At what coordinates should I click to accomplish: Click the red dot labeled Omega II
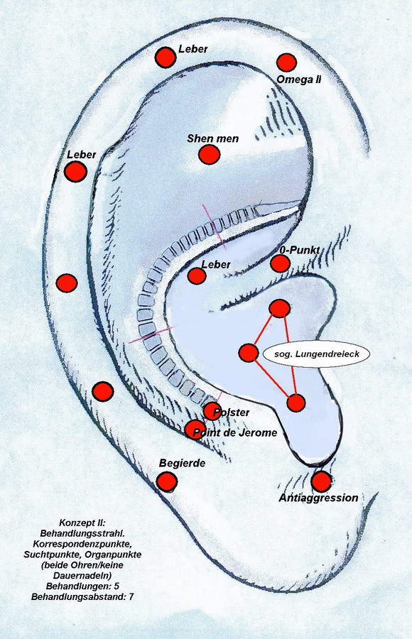pyautogui.click(x=286, y=62)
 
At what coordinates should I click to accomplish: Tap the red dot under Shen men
pyautogui.click(x=210, y=155)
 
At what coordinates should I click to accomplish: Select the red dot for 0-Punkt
pyautogui.click(x=281, y=263)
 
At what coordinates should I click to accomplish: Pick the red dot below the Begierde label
pyautogui.click(x=167, y=481)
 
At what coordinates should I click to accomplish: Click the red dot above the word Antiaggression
pyautogui.click(x=321, y=481)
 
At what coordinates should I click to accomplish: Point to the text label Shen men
pyautogui.click(x=212, y=138)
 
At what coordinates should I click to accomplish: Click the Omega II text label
pyautogui.click(x=298, y=79)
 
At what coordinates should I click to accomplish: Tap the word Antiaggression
pyautogui.click(x=318, y=498)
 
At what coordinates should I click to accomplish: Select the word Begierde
pyautogui.click(x=182, y=464)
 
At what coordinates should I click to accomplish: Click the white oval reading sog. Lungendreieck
pyautogui.click(x=317, y=354)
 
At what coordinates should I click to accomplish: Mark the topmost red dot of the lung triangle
pyautogui.click(x=281, y=308)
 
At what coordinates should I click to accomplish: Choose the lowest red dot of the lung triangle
pyautogui.click(x=296, y=403)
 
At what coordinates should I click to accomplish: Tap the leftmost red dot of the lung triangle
pyautogui.click(x=249, y=353)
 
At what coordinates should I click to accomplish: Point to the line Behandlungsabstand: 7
pyautogui.click(x=82, y=597)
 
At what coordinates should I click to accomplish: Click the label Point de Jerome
pyautogui.click(x=234, y=432)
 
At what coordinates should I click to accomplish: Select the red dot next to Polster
pyautogui.click(x=212, y=411)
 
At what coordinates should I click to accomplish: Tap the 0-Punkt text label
pyautogui.click(x=300, y=250)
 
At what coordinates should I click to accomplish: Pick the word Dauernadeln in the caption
pyautogui.click(x=82, y=576)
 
